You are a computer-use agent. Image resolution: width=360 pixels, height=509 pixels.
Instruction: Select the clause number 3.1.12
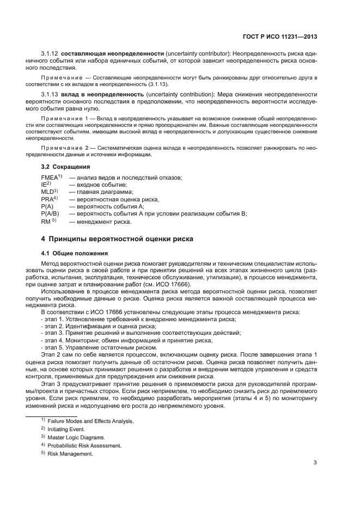click(50, 54)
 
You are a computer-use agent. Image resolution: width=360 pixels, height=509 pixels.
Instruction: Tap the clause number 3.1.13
click(50, 95)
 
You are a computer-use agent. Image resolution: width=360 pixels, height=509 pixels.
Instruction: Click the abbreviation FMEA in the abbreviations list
click(50, 178)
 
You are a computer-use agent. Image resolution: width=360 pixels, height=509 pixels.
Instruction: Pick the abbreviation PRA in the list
click(48, 199)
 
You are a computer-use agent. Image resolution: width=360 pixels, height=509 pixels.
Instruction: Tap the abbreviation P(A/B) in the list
click(51, 214)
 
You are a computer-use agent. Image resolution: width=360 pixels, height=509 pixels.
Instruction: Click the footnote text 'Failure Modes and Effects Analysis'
click(90, 421)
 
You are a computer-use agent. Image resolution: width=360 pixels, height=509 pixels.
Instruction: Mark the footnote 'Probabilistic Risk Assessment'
click(84, 445)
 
